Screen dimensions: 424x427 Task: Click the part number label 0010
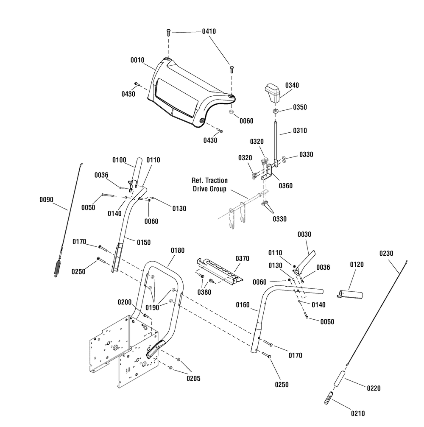coord(137,60)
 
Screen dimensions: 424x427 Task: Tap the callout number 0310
coord(300,131)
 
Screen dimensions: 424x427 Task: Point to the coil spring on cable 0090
coord(58,268)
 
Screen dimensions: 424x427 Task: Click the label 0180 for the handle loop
coord(178,250)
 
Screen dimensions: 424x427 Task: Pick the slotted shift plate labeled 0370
coord(220,271)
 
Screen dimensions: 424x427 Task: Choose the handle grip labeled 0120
coord(350,294)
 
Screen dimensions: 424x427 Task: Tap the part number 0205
coord(193,378)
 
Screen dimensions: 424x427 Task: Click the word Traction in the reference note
coord(217,181)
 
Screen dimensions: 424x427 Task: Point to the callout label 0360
coord(285,186)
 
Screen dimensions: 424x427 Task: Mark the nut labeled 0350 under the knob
coord(275,111)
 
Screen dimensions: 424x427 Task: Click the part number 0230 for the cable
coord(386,253)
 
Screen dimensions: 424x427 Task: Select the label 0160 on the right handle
coord(243,305)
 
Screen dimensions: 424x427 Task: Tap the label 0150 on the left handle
coord(144,243)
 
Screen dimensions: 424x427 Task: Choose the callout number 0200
coord(125,302)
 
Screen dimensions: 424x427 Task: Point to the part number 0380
coord(204,292)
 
